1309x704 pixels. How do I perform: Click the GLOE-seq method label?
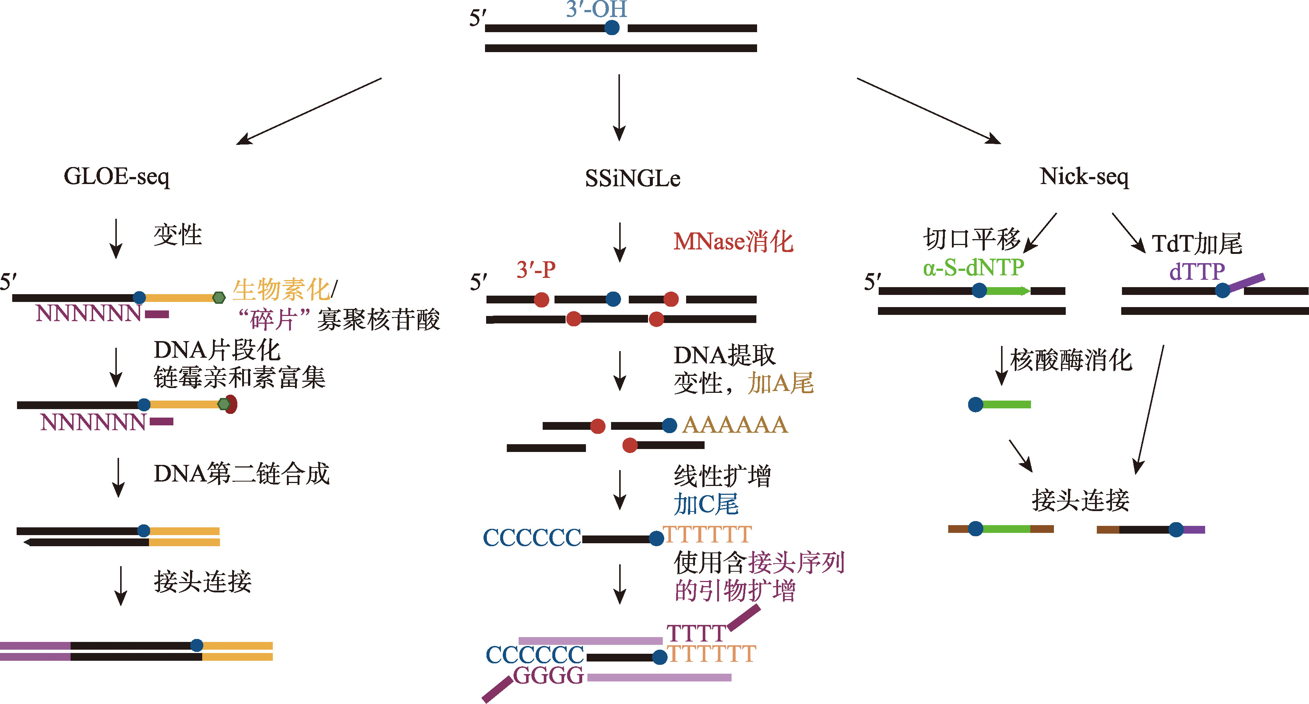[116, 177]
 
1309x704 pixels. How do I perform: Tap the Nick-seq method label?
[1084, 177]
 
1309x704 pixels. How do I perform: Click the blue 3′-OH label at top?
[597, 9]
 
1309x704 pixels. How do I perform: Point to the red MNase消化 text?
[733, 241]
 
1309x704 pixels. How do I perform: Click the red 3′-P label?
[536, 270]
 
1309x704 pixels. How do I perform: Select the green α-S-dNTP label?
[973, 268]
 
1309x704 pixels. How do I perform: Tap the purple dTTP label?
[1197, 271]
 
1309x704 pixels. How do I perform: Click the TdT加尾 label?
[1197, 244]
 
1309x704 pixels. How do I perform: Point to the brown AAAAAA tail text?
[735, 425]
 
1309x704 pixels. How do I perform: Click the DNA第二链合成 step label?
[242, 474]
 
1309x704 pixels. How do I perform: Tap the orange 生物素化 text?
[281, 290]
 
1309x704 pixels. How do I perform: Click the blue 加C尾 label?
[706, 504]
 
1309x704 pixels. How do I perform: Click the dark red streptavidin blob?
[232, 404]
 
